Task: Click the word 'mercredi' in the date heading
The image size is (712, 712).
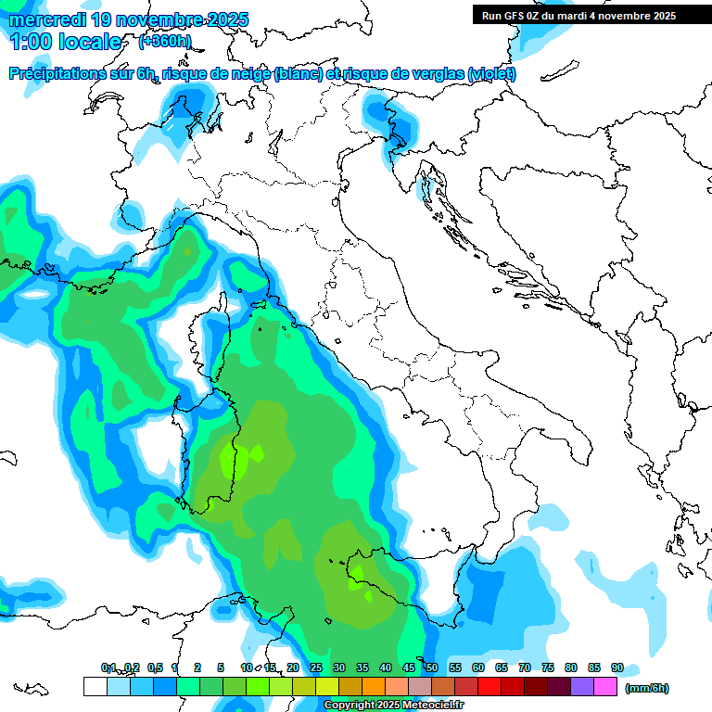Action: click(46, 19)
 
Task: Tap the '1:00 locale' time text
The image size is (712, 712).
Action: click(65, 42)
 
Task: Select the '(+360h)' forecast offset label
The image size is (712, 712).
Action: click(165, 41)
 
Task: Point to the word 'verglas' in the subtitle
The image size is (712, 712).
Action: click(436, 74)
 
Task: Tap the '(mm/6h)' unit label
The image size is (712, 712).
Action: click(646, 688)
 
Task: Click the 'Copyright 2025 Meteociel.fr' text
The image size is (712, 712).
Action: click(393, 706)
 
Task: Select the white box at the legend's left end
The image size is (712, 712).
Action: click(95, 687)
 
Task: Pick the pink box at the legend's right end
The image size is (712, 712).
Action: click(605, 687)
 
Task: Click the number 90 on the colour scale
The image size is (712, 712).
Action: click(617, 667)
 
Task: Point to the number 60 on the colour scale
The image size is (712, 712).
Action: click(477, 667)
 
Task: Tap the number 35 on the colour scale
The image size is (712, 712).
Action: click(362, 667)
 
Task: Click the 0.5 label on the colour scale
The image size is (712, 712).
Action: click(155, 667)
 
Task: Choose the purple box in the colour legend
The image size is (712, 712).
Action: click(582, 687)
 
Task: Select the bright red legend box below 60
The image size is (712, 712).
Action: click(489, 687)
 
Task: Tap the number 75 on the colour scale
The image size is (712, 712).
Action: click(547, 667)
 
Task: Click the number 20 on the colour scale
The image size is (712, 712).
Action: click(292, 667)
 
